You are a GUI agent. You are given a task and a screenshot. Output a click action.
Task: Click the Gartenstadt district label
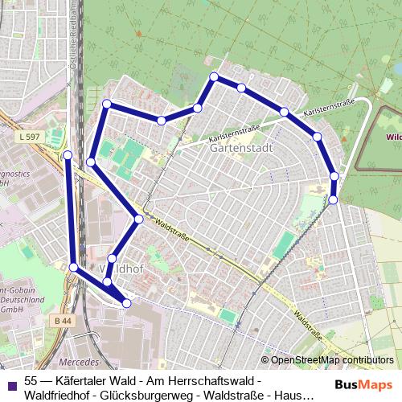(240, 149)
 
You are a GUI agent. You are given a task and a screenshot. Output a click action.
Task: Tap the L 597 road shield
(28, 137)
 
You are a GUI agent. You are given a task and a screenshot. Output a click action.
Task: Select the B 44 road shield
(64, 321)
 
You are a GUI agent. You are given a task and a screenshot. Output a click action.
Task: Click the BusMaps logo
(364, 384)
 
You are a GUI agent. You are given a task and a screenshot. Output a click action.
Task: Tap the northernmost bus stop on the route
(214, 76)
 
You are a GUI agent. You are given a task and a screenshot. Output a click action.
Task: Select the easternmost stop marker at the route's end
(334, 199)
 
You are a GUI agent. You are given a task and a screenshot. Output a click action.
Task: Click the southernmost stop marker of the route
(126, 302)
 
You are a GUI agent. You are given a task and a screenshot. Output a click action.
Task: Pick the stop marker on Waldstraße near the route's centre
(139, 219)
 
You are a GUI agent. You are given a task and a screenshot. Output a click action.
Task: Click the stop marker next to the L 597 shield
(68, 154)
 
